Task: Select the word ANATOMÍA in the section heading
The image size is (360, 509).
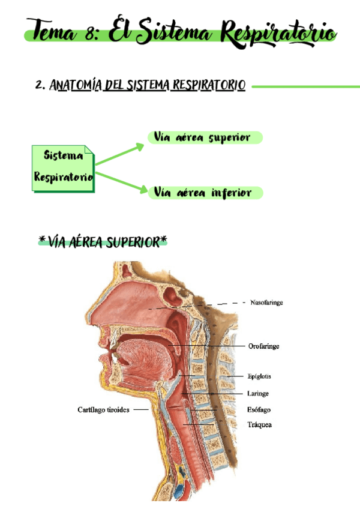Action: click(x=76, y=86)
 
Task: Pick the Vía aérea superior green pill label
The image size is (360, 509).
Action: click(x=205, y=137)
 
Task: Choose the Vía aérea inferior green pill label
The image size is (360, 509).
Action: click(x=205, y=193)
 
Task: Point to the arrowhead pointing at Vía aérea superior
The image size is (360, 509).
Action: click(x=140, y=145)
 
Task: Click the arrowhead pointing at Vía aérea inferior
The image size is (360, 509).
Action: click(x=142, y=190)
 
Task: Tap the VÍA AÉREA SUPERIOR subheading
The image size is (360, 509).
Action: click(x=103, y=242)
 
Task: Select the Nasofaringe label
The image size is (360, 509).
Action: click(x=266, y=303)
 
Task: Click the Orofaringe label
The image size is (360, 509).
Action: click(x=263, y=346)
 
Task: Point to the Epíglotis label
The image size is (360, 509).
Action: click(x=259, y=377)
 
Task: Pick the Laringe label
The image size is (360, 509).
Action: click(x=257, y=394)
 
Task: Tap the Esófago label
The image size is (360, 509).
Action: click(x=259, y=410)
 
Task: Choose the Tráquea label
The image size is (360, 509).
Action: click(x=259, y=425)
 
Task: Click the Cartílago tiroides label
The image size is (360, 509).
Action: click(x=104, y=410)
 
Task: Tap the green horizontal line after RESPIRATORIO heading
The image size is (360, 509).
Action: click(x=305, y=86)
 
